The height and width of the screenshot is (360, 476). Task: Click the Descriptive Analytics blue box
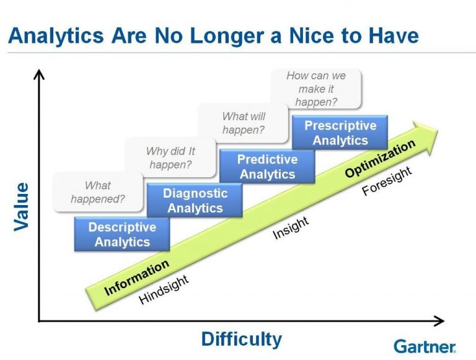(x=121, y=234)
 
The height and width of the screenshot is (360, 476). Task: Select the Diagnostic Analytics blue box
(x=195, y=200)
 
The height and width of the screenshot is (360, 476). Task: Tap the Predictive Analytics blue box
(x=267, y=167)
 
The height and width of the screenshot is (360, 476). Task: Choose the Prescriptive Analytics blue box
(x=340, y=133)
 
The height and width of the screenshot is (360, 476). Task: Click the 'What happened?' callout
(x=98, y=192)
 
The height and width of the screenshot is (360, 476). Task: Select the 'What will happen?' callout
(x=244, y=123)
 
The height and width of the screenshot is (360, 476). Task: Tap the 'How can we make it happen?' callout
(x=316, y=89)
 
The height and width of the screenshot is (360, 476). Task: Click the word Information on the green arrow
(x=136, y=278)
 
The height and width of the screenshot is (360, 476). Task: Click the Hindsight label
(x=164, y=290)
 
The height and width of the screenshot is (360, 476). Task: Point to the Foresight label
(x=387, y=182)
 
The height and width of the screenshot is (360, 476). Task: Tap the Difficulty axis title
(x=241, y=339)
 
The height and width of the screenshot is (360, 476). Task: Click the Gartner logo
(x=425, y=346)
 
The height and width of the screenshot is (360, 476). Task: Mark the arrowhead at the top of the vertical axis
(x=39, y=74)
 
